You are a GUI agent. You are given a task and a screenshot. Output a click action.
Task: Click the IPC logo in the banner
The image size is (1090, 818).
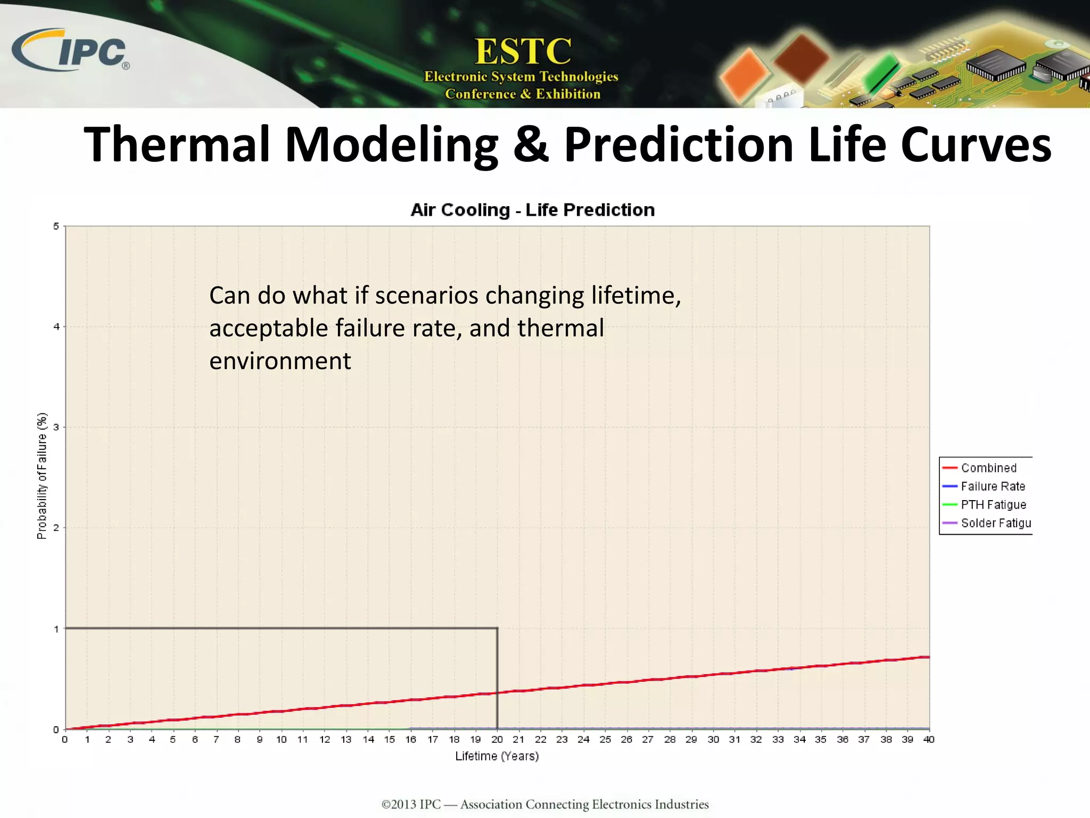coord(70,51)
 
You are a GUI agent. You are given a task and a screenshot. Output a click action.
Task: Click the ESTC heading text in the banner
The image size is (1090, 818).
coord(523,52)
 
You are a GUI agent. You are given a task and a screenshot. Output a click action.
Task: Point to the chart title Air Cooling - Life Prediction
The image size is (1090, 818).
coord(532,210)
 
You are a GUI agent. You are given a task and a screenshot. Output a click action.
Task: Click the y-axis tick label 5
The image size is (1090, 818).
coord(56,226)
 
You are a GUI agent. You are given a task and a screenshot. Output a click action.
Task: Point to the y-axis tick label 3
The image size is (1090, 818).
coord(56,427)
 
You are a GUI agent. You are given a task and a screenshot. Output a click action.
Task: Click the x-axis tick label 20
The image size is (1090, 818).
coord(497,740)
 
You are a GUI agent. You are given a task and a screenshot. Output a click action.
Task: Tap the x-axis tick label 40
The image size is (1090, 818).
coord(929,740)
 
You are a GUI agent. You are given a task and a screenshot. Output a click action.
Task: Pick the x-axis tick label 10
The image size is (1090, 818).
coord(281,740)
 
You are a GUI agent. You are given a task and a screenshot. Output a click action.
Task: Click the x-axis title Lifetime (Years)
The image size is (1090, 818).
coord(497,756)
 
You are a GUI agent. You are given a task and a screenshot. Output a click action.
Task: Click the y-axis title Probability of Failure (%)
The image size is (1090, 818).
coord(42,476)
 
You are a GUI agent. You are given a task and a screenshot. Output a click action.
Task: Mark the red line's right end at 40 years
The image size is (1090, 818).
coord(929,657)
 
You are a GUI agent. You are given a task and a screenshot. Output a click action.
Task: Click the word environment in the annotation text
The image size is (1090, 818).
coord(280,361)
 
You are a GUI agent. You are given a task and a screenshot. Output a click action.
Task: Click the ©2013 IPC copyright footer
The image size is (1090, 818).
coord(545,804)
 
